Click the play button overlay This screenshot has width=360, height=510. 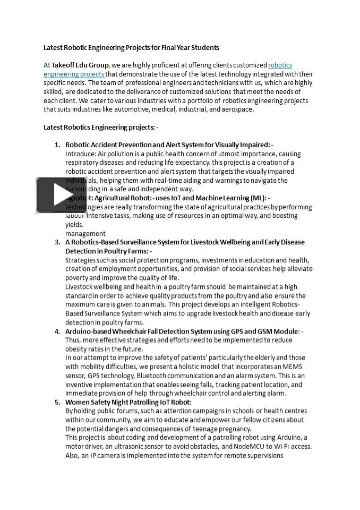[x=62, y=195]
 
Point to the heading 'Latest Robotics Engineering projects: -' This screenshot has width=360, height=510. [x=101, y=127]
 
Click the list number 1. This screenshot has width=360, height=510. [x=57, y=145]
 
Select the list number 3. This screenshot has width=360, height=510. [x=57, y=242]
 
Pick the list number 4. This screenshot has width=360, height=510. [x=57, y=331]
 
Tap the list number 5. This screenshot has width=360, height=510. [x=57, y=402]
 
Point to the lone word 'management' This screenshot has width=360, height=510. [x=85, y=233]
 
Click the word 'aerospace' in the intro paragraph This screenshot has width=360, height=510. [x=237, y=109]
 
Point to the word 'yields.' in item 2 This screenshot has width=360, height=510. [x=75, y=225]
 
